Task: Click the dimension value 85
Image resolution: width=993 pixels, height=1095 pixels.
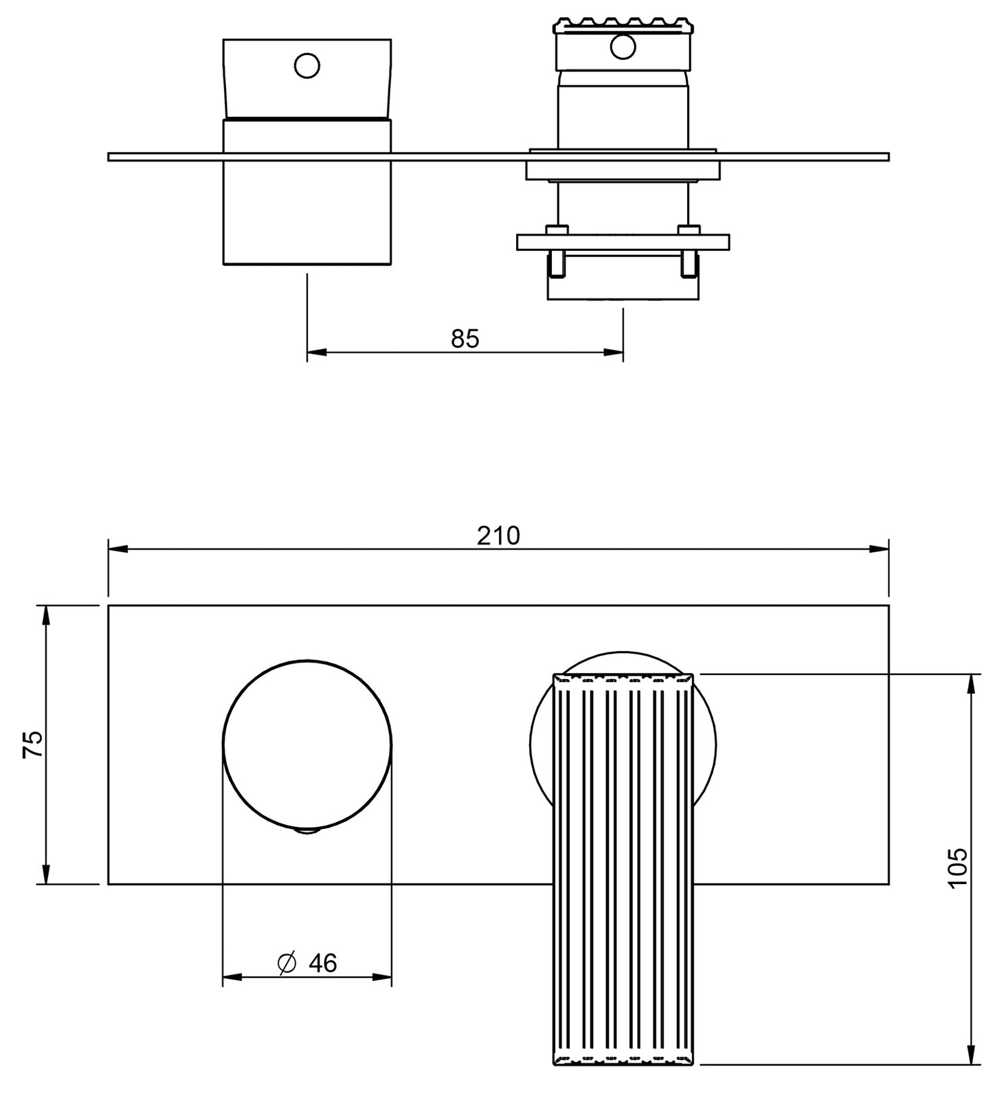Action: pyautogui.click(x=465, y=339)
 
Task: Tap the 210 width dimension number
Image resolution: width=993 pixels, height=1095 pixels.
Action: pyautogui.click(x=498, y=535)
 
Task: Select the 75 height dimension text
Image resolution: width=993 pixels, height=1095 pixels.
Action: pyautogui.click(x=33, y=744)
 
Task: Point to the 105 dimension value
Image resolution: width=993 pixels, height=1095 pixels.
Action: pyautogui.click(x=957, y=868)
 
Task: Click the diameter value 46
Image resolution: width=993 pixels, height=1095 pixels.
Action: pyautogui.click(x=322, y=963)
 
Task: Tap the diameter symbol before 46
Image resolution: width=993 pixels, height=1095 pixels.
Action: pyautogui.click(x=287, y=963)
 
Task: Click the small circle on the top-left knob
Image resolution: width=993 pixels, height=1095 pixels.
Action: pyautogui.click(x=306, y=66)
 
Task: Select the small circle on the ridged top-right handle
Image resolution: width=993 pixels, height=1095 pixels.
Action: pyautogui.click(x=623, y=47)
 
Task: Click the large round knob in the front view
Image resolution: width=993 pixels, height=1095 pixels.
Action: pyautogui.click(x=307, y=745)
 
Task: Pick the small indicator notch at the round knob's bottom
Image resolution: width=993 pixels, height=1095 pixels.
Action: pyautogui.click(x=307, y=832)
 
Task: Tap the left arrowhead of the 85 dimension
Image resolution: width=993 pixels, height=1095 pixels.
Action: pyautogui.click(x=316, y=353)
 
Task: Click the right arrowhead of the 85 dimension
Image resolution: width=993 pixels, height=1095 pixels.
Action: pyautogui.click(x=613, y=353)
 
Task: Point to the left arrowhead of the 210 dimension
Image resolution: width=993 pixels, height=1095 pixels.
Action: pyautogui.click(x=118, y=549)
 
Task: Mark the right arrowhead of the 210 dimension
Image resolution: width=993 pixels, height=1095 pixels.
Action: pyautogui.click(x=879, y=549)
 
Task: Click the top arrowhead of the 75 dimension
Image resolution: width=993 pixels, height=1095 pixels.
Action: pyautogui.click(x=47, y=615)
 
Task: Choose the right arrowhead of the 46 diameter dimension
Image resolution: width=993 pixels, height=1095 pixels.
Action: pyautogui.click(x=382, y=977)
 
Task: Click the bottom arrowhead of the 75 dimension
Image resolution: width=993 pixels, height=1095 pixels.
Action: pyautogui.click(x=47, y=874)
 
